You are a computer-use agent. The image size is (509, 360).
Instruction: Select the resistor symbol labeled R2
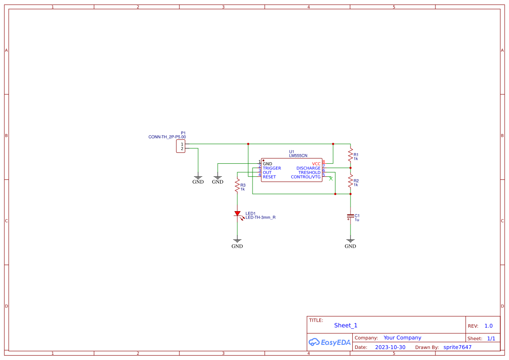tap(350, 181)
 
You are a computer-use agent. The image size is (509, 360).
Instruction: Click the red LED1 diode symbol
tap(237, 214)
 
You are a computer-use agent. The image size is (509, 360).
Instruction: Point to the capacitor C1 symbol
tap(350, 216)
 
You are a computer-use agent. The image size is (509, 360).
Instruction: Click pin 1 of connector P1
tap(182, 144)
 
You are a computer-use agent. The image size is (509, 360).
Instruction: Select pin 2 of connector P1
tap(182, 149)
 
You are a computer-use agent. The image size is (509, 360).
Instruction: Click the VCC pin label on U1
tap(316, 164)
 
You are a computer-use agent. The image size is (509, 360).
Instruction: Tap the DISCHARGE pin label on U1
tap(308, 168)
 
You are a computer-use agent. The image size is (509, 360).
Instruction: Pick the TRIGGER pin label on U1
tap(272, 168)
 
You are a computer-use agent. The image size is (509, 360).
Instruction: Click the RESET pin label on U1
tap(269, 177)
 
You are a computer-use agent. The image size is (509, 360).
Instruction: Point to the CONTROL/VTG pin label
tap(306, 177)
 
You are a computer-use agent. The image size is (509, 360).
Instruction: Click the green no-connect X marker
tap(331, 179)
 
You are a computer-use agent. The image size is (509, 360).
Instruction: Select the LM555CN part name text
tap(298, 155)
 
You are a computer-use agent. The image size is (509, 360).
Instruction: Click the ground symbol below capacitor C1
tap(350, 241)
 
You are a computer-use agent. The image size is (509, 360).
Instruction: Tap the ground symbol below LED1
tap(237, 241)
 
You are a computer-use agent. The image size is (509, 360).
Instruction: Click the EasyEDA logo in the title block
tap(330, 342)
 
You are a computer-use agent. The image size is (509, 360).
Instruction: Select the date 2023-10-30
tap(390, 347)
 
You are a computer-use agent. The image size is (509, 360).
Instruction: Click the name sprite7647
tap(457, 347)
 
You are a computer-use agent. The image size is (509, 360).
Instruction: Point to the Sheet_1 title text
tap(346, 325)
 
